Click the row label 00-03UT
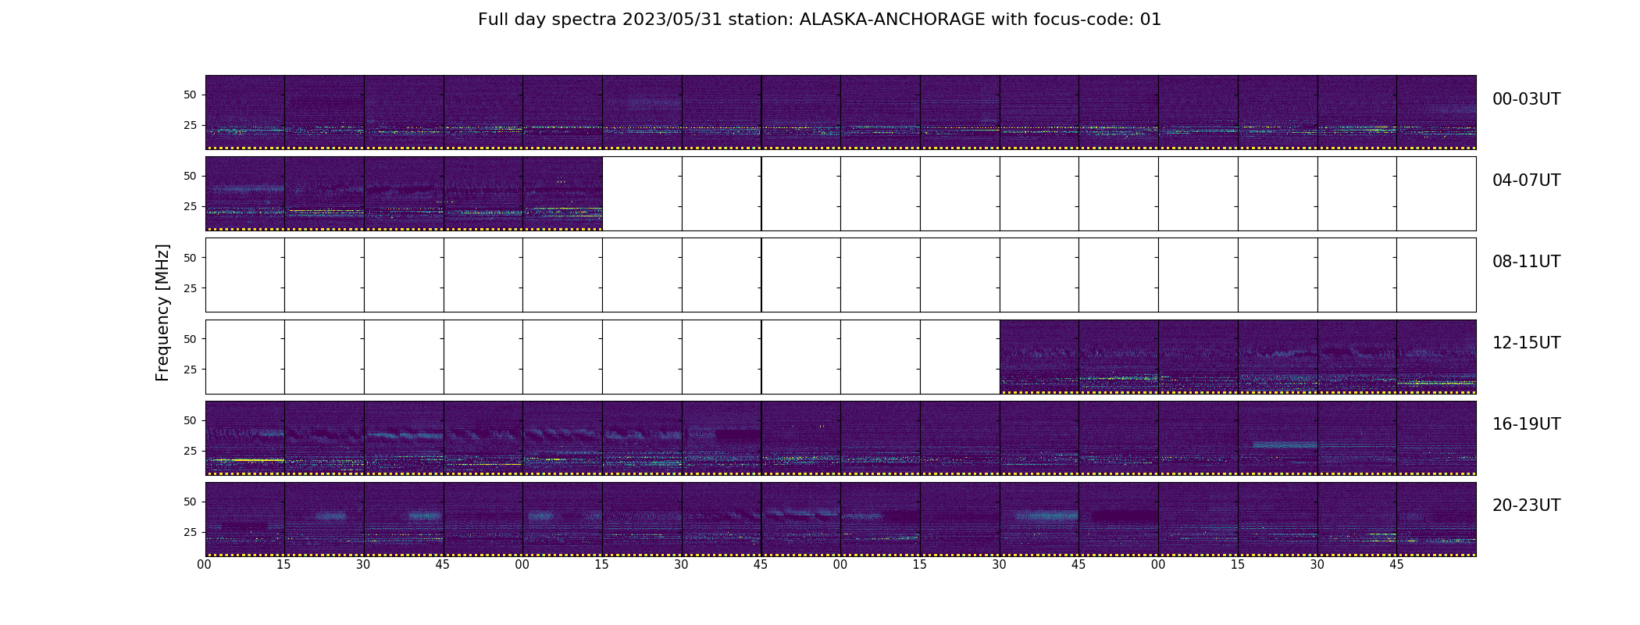[1526, 99]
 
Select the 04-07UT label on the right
[1526, 180]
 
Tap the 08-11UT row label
[1526, 262]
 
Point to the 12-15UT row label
[1526, 343]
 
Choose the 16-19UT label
[1526, 424]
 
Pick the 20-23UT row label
[1526, 505]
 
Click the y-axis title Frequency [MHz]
[162, 312]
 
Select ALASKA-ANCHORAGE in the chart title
[892, 20]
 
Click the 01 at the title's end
[1151, 20]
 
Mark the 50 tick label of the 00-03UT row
[190, 95]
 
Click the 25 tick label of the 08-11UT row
[190, 288]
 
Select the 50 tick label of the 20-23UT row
[190, 502]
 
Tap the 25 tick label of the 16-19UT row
[190, 451]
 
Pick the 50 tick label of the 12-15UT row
[190, 339]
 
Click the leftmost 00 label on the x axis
[205, 565]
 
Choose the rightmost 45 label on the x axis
[1396, 565]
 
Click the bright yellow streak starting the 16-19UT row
[250, 460]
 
